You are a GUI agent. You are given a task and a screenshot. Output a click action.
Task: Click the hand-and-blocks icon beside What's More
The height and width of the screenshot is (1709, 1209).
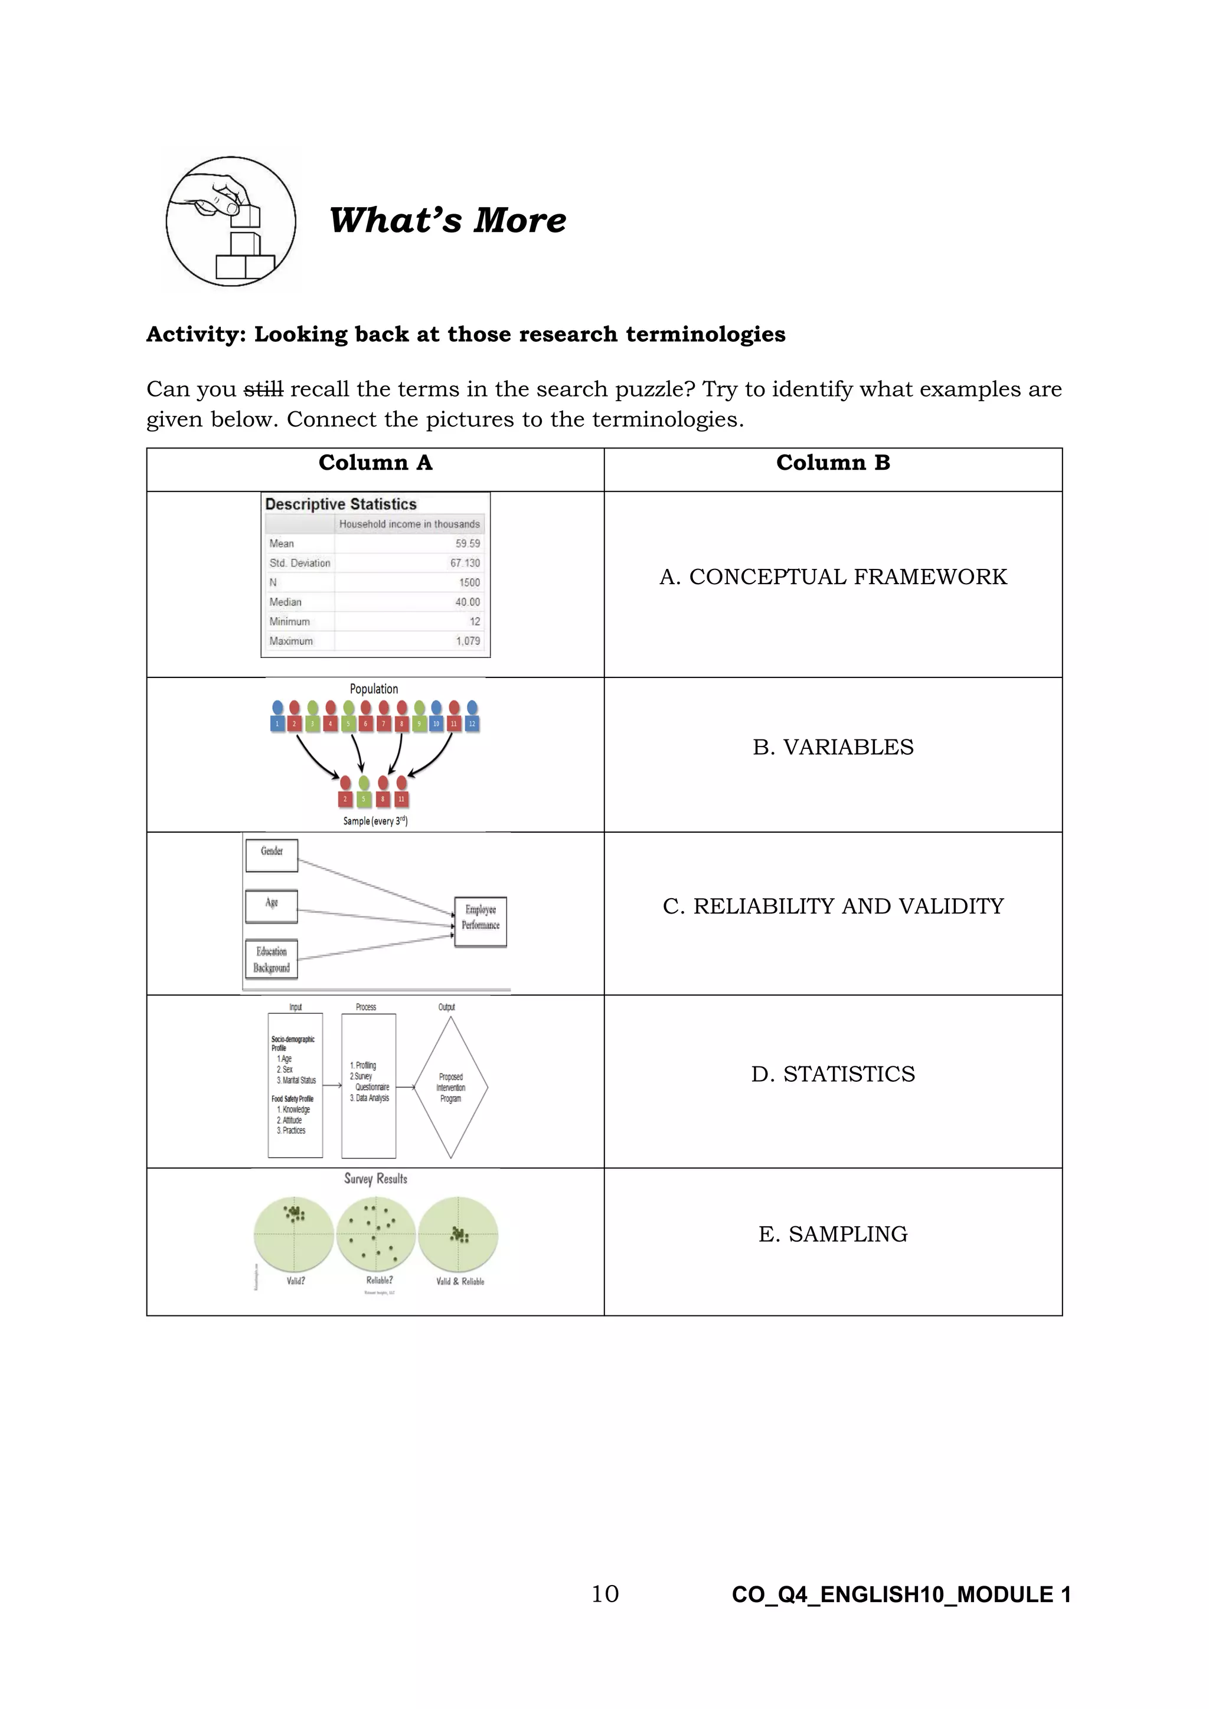(x=231, y=221)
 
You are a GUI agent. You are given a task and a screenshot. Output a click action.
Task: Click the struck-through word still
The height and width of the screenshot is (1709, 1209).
(x=263, y=389)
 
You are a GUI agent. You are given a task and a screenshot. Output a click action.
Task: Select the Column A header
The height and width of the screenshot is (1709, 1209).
(x=375, y=463)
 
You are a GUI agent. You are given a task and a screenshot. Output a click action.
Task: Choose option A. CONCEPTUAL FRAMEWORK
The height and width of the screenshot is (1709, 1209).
(x=832, y=577)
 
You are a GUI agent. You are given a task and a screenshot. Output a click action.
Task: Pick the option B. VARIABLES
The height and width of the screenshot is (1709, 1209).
(x=832, y=747)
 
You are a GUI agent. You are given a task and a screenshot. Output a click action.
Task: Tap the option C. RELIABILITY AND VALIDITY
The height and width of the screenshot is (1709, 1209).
(x=832, y=906)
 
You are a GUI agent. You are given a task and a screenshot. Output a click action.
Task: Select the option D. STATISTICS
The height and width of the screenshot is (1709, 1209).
(x=832, y=1074)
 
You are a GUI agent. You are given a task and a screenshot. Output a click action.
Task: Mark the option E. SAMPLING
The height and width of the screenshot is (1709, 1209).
(x=832, y=1234)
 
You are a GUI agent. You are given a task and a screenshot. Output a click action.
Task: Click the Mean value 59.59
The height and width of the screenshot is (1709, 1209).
(x=468, y=544)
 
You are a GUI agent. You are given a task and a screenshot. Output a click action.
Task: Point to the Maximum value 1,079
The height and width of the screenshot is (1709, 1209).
(x=468, y=641)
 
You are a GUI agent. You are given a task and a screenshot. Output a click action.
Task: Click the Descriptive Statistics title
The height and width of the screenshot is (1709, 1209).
(x=341, y=504)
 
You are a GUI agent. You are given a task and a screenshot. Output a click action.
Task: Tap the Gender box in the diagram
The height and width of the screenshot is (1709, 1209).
(x=272, y=855)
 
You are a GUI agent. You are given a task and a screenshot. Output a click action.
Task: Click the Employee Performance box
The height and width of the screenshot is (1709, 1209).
(x=480, y=922)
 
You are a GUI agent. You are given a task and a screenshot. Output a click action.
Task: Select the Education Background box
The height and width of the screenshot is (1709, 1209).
(x=272, y=960)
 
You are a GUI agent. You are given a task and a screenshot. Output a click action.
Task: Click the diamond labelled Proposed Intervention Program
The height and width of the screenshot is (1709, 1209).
(x=450, y=1088)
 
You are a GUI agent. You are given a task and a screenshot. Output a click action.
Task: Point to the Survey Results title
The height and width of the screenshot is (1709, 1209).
(x=375, y=1179)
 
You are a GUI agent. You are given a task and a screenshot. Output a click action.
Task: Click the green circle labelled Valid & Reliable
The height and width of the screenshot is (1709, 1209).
(x=458, y=1236)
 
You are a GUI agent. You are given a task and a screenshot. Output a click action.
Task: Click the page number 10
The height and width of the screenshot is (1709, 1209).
(x=604, y=1593)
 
